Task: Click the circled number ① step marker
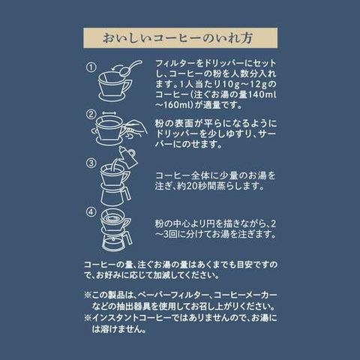coord(91,67)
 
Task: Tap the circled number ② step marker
coord(91,115)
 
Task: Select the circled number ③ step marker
coord(91,163)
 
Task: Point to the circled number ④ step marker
coord(91,212)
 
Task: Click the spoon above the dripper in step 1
coord(130,67)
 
